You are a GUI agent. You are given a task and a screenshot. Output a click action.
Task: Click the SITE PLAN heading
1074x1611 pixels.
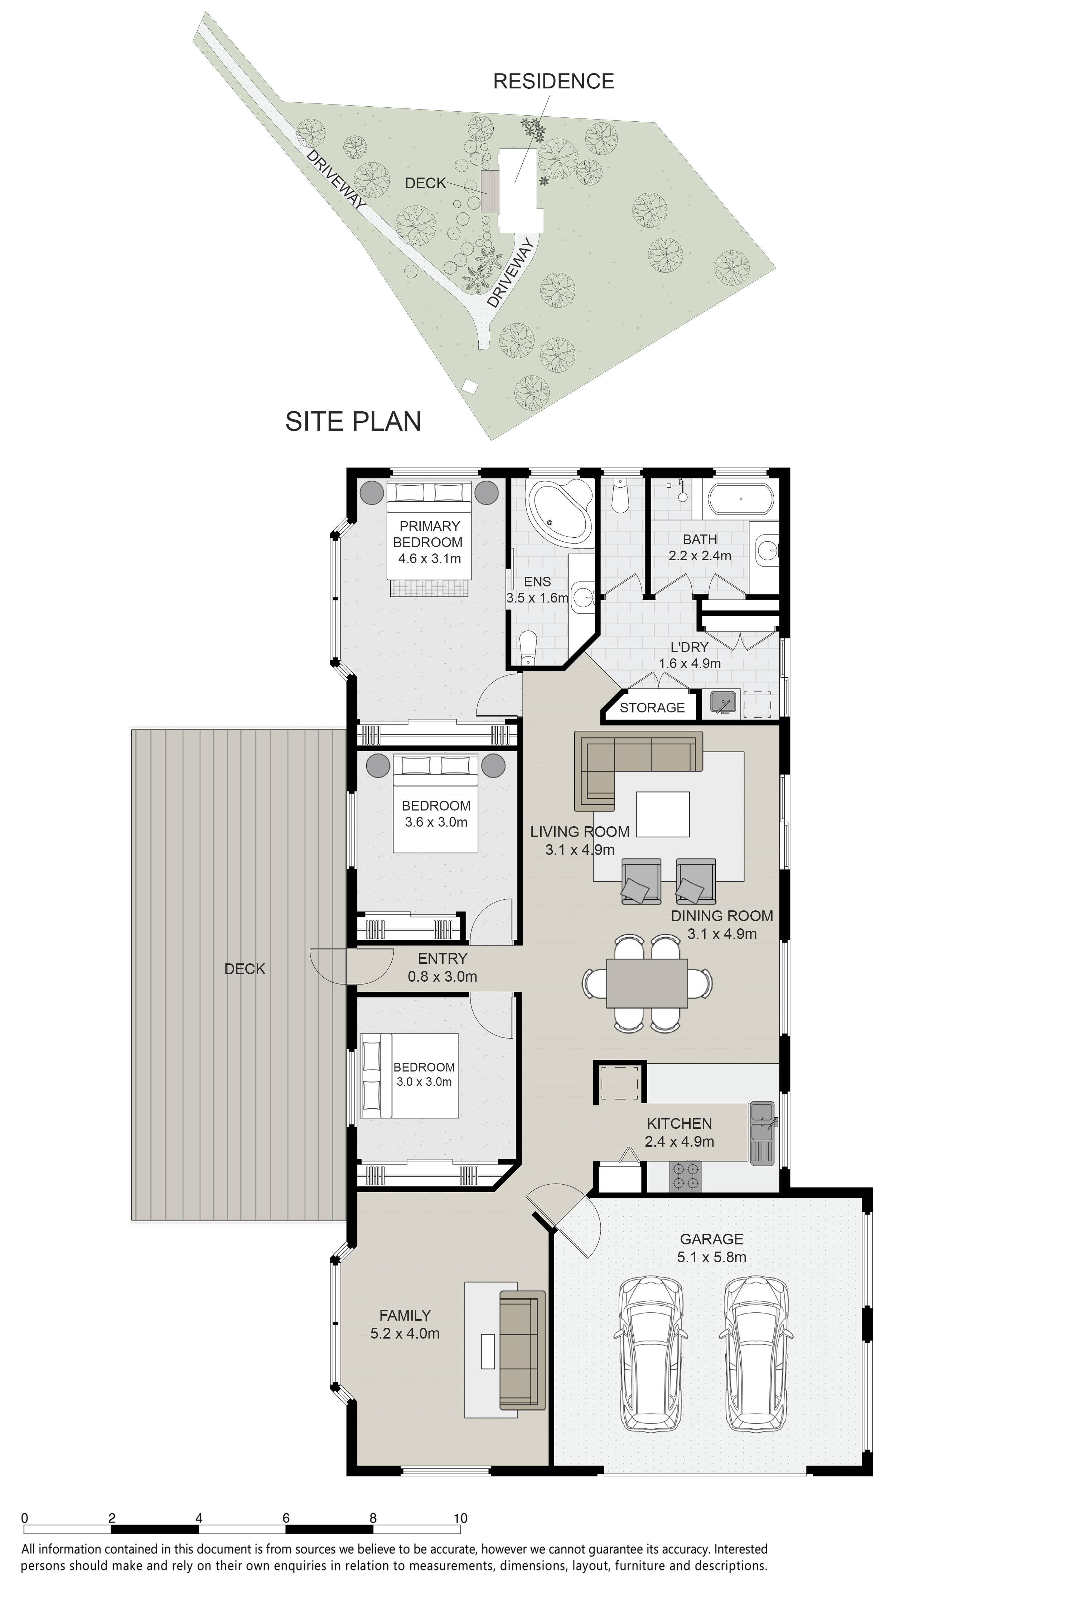tap(353, 421)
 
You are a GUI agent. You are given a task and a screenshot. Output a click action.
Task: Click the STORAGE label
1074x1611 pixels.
tap(652, 707)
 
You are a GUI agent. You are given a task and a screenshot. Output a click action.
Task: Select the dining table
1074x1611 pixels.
tap(647, 983)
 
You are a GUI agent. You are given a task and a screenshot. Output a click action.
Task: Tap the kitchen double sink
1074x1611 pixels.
tap(762, 1132)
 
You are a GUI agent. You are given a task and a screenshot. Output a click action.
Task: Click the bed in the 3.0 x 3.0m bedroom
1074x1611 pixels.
tap(410, 1075)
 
